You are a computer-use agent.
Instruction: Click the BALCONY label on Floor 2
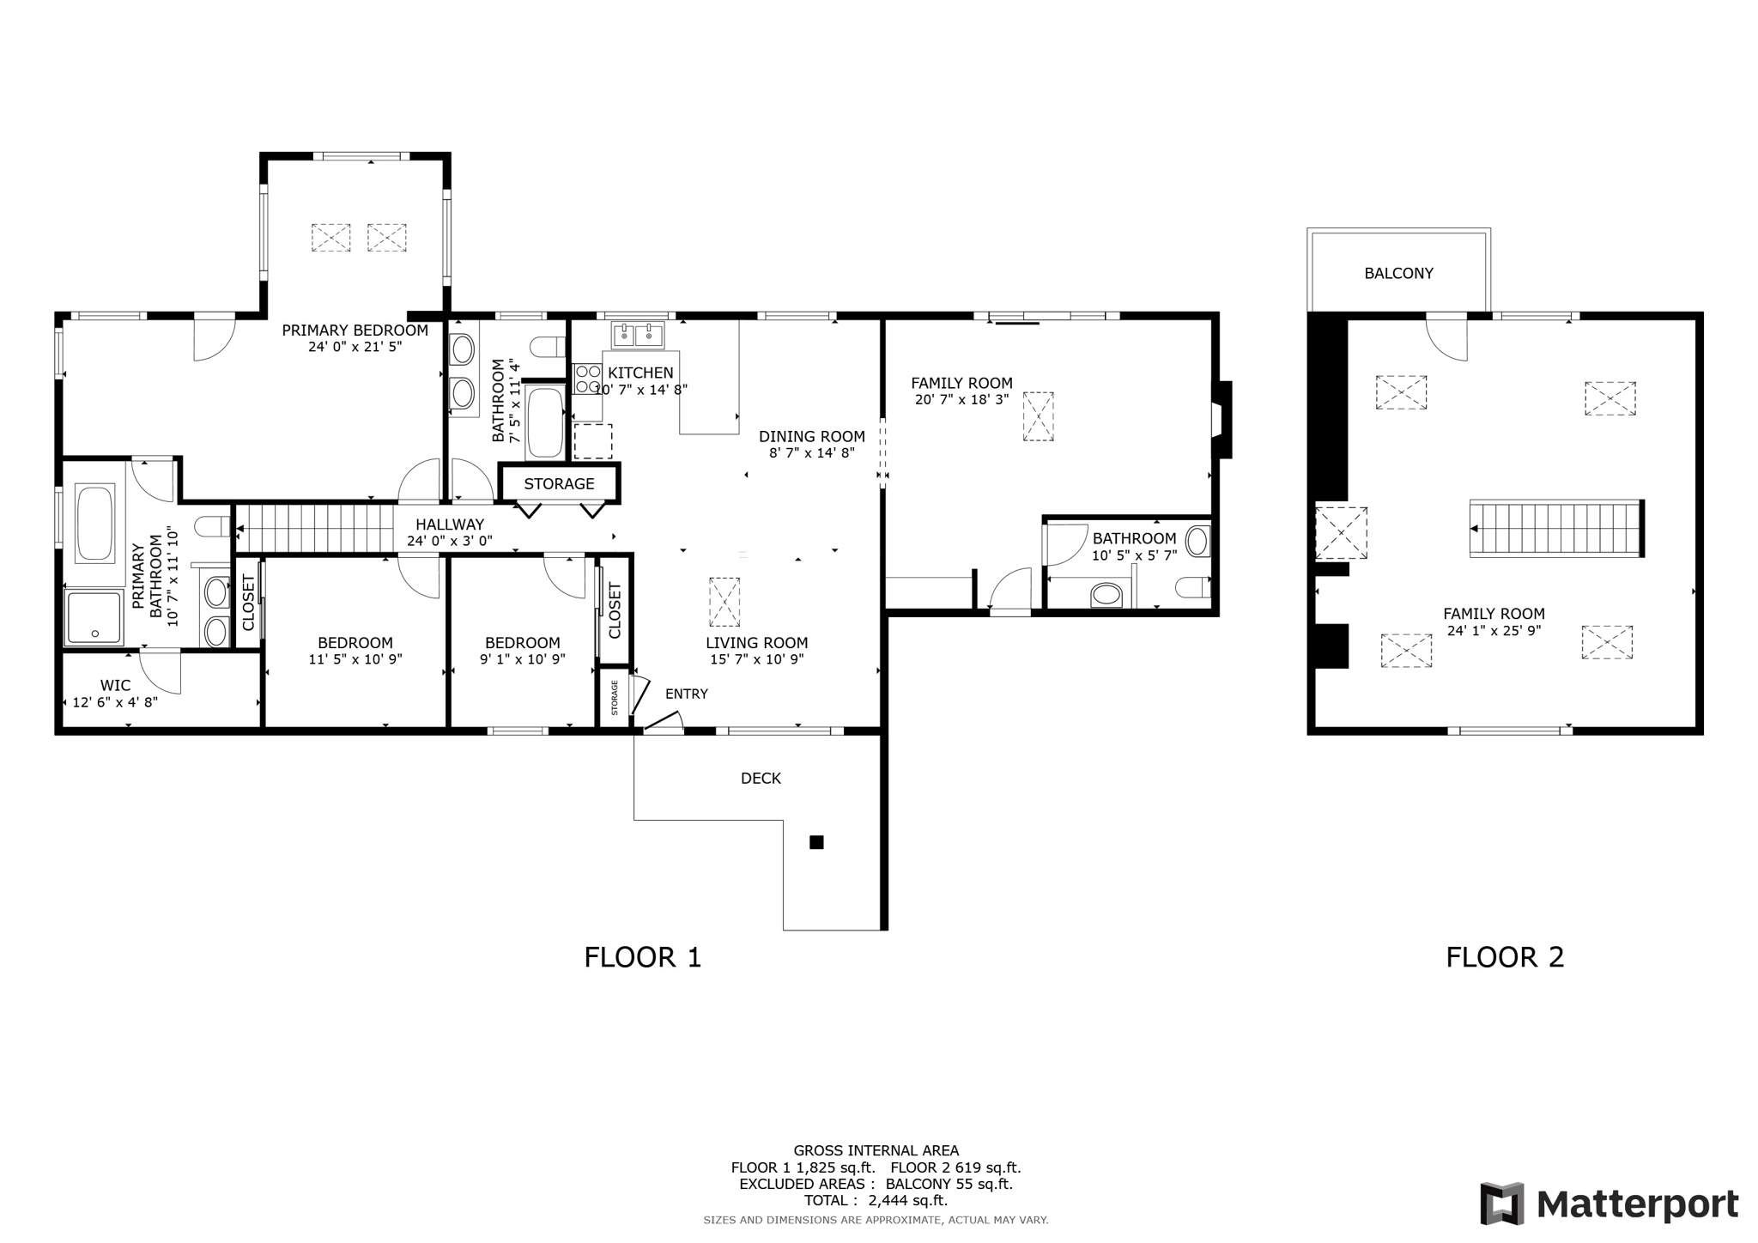[x=1398, y=273]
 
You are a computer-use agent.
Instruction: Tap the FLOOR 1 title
[x=642, y=956]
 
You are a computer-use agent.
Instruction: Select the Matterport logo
[x=1609, y=1204]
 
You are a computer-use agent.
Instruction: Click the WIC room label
[x=115, y=685]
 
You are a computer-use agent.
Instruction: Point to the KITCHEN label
[x=640, y=373]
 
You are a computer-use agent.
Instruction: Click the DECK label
[x=761, y=778]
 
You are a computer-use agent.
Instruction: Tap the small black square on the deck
[x=816, y=842]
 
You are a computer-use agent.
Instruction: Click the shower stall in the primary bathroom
[x=94, y=617]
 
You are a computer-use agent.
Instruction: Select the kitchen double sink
[x=638, y=335]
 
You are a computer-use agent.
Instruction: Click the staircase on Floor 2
[x=1555, y=529]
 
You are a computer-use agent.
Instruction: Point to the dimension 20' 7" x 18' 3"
[x=961, y=399]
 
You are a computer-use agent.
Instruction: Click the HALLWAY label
[x=450, y=524]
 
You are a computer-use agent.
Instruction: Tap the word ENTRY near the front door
[x=687, y=694]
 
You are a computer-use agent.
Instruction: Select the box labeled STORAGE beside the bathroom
[x=559, y=483]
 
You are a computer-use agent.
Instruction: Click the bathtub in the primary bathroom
[x=94, y=524]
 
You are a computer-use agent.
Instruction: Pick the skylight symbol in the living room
[x=724, y=602]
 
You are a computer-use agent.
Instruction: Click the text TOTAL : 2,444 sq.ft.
[x=876, y=1200]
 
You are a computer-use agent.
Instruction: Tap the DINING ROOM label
[x=811, y=436]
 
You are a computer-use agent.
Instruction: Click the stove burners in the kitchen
[x=587, y=379]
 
